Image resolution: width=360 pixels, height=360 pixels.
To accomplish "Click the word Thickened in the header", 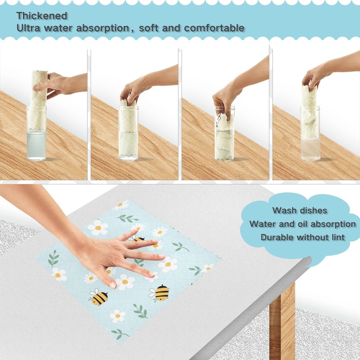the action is [42, 16].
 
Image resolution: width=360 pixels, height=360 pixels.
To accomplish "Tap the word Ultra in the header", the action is [28, 28].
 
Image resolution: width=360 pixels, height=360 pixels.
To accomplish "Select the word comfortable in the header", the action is [214, 28].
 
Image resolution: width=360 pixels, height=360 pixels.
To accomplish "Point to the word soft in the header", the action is [148, 28].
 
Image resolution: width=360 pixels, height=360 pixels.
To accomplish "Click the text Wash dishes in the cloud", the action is [300, 210].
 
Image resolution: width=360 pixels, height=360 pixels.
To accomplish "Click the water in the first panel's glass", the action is [36, 145].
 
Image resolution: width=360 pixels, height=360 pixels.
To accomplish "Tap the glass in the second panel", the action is [128, 133].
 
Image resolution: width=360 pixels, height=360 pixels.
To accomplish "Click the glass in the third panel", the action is [225, 134].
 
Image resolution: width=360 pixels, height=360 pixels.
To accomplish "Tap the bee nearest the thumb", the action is [98, 297].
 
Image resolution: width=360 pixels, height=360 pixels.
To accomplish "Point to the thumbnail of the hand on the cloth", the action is [112, 285].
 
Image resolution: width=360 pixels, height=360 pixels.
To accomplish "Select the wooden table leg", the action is [282, 321].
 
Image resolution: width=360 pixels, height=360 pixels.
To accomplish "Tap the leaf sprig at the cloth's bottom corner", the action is [120, 333].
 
